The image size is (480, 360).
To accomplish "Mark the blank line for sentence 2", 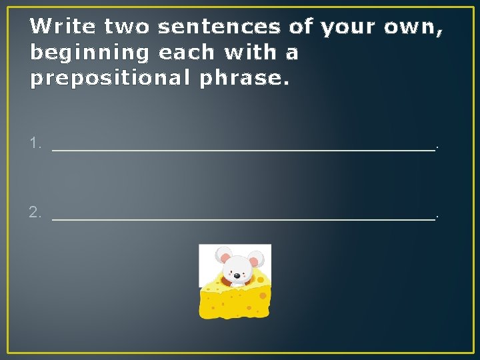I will [x=243, y=219].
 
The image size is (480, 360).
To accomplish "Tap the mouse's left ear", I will [x=223, y=255].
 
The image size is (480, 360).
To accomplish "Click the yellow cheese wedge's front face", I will [x=233, y=303].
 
